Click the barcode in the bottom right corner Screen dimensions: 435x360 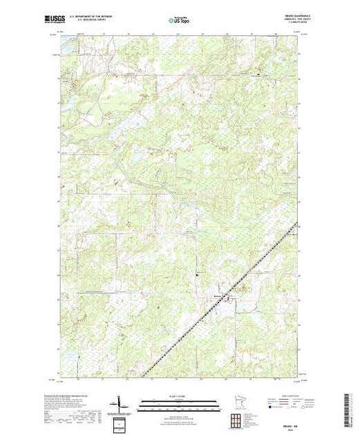click(x=351, y=407)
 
